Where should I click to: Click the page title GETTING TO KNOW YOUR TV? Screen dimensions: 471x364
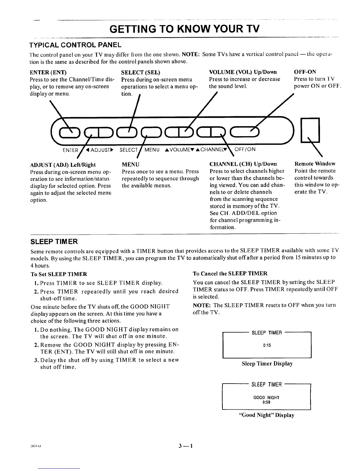coord(184,29)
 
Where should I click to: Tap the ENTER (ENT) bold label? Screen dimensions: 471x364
coord(48,72)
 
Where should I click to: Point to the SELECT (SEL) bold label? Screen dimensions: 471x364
coord(140,72)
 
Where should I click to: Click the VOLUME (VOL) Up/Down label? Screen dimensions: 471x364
coord(243,72)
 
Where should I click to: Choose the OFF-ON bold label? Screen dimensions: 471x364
coord(305,72)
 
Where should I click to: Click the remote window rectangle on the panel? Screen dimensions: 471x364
coord(310,130)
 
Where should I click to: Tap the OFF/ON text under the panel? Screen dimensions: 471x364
coord(245,149)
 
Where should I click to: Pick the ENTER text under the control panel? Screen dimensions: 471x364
coord(70,150)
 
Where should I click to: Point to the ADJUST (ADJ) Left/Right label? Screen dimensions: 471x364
coord(63,165)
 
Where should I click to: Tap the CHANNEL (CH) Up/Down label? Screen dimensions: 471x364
coord(243,164)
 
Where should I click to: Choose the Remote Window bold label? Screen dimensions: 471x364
coord(315,164)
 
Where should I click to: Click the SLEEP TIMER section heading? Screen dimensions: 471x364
coord(54,241)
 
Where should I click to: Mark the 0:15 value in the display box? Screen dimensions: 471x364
coord(267,345)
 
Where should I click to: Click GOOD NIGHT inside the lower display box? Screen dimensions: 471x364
coord(266,397)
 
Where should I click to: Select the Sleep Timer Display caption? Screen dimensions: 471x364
coord(267,363)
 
